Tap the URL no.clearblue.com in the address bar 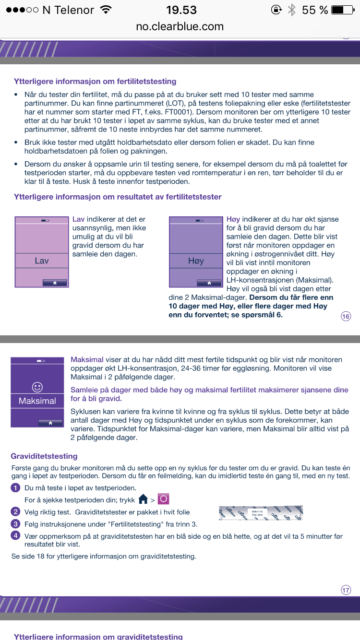pyautogui.click(x=180, y=26)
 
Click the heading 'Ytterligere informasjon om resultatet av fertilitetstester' pyautogui.click(x=118, y=197)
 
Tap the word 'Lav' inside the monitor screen pyautogui.click(x=42, y=261)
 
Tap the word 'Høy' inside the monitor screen pyautogui.click(x=196, y=261)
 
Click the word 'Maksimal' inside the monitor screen pyautogui.click(x=37, y=401)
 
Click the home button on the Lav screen pyautogui.click(x=55, y=283)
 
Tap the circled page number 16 pyautogui.click(x=346, y=316)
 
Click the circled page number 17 pyautogui.click(x=346, y=590)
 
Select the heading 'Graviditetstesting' pyautogui.click(x=44, y=456)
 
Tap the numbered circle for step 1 pyautogui.click(x=16, y=488)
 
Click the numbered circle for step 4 pyautogui.click(x=16, y=536)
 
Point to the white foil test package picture pyautogui.click(x=261, y=513)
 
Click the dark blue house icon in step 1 pyautogui.click(x=143, y=499)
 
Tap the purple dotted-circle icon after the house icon pyautogui.click(x=164, y=499)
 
